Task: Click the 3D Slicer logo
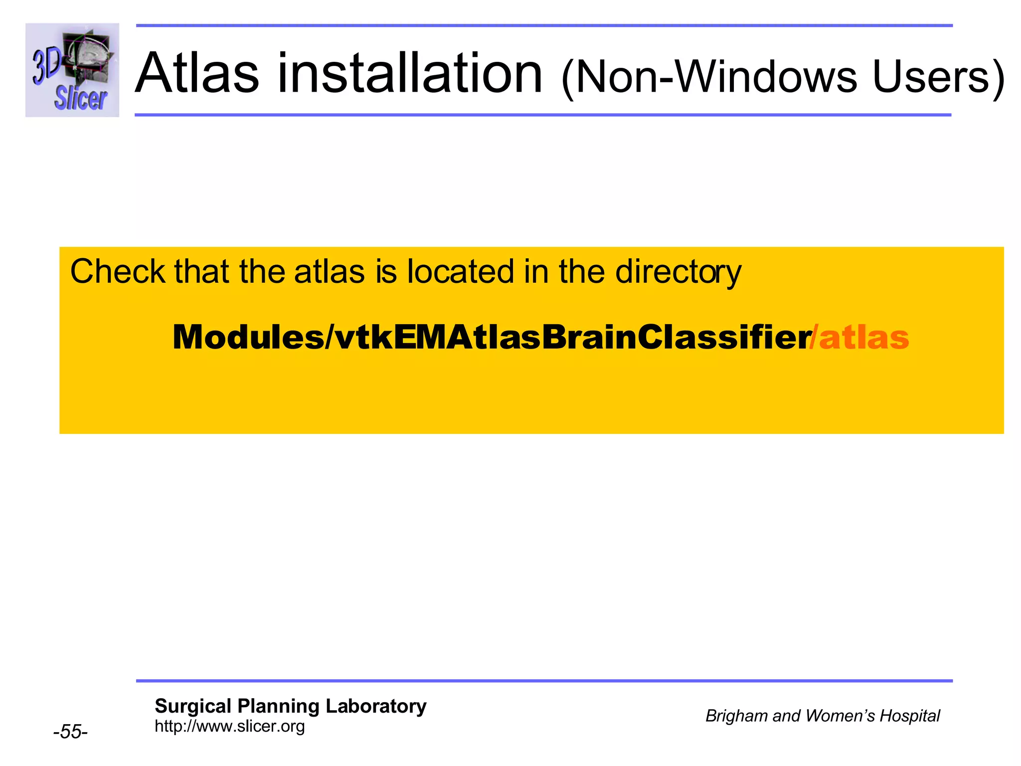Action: [x=72, y=70]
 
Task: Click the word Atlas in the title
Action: [x=197, y=74]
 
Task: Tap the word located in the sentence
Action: [x=460, y=272]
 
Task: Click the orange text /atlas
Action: [x=859, y=338]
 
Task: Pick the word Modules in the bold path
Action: [x=248, y=338]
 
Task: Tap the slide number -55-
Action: [x=70, y=732]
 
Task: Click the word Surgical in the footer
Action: [x=193, y=706]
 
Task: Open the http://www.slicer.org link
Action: [x=229, y=726]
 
